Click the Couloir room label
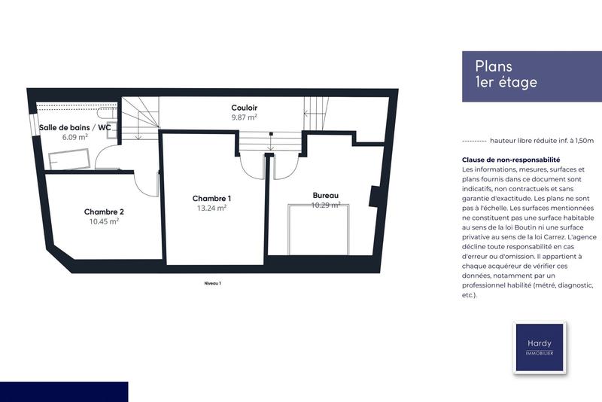pos(244,108)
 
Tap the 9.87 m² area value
pos(244,117)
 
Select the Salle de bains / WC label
pos(75,127)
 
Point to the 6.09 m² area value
pos(75,137)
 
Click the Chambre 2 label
pos(104,212)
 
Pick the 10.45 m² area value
pos(104,221)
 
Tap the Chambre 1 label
pos(211,198)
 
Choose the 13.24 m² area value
pos(211,208)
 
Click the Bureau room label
pos(326,195)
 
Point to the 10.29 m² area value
pos(326,205)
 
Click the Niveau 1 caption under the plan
pos(213,283)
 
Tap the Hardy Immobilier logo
pos(539,347)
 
